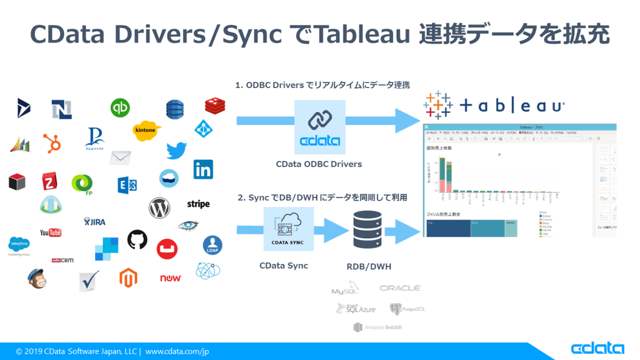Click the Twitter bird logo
click(x=176, y=150)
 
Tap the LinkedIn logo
click(x=203, y=169)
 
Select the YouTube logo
click(x=51, y=233)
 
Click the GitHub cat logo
click(x=137, y=240)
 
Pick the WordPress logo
click(x=159, y=208)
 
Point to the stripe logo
click(x=198, y=204)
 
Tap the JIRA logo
click(x=95, y=221)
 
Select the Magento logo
click(x=129, y=277)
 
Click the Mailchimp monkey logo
click(x=37, y=278)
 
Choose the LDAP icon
click(x=212, y=246)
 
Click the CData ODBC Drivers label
click(x=319, y=164)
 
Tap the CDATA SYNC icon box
click(x=288, y=229)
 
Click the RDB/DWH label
click(x=369, y=266)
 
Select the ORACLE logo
click(x=400, y=288)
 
